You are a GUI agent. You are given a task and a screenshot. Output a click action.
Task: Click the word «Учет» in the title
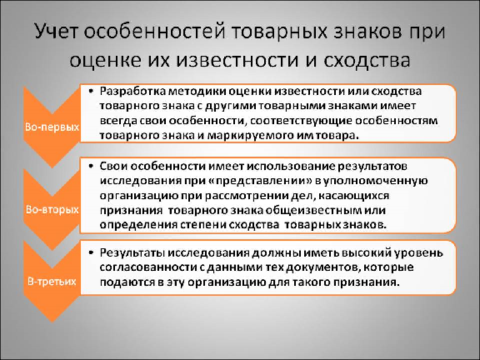pos(56,31)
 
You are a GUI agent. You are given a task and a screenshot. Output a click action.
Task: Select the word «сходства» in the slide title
pos(367,60)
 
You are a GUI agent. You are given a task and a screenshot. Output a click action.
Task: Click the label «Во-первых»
pos(52,127)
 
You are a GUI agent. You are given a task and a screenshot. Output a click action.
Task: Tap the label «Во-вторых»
pos(52,209)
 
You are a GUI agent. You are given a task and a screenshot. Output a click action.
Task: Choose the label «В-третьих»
pos(52,281)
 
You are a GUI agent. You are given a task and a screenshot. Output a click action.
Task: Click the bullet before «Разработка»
pos(90,92)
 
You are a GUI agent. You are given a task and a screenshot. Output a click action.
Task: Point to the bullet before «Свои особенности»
pos(90,166)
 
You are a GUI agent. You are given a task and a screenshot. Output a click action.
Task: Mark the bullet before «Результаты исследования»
pos(90,252)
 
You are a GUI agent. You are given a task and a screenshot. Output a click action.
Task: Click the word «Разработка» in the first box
pos(132,92)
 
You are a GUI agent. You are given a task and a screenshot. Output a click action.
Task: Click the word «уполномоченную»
pos(376,181)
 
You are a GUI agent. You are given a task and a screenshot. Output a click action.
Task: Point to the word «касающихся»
pos(354,196)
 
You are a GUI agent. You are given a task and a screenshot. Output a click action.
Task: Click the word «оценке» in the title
pos(106,60)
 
